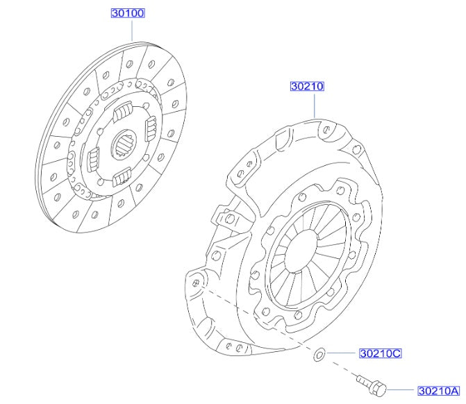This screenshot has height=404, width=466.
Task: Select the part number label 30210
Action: pos(308,87)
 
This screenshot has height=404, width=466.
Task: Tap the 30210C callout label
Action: pos(380,353)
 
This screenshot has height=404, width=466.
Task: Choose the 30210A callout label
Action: pos(438,391)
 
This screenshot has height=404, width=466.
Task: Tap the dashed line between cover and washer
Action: pos(257,319)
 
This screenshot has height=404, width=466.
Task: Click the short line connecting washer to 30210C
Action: pos(341,354)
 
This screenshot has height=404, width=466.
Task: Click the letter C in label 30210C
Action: pos(396,353)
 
